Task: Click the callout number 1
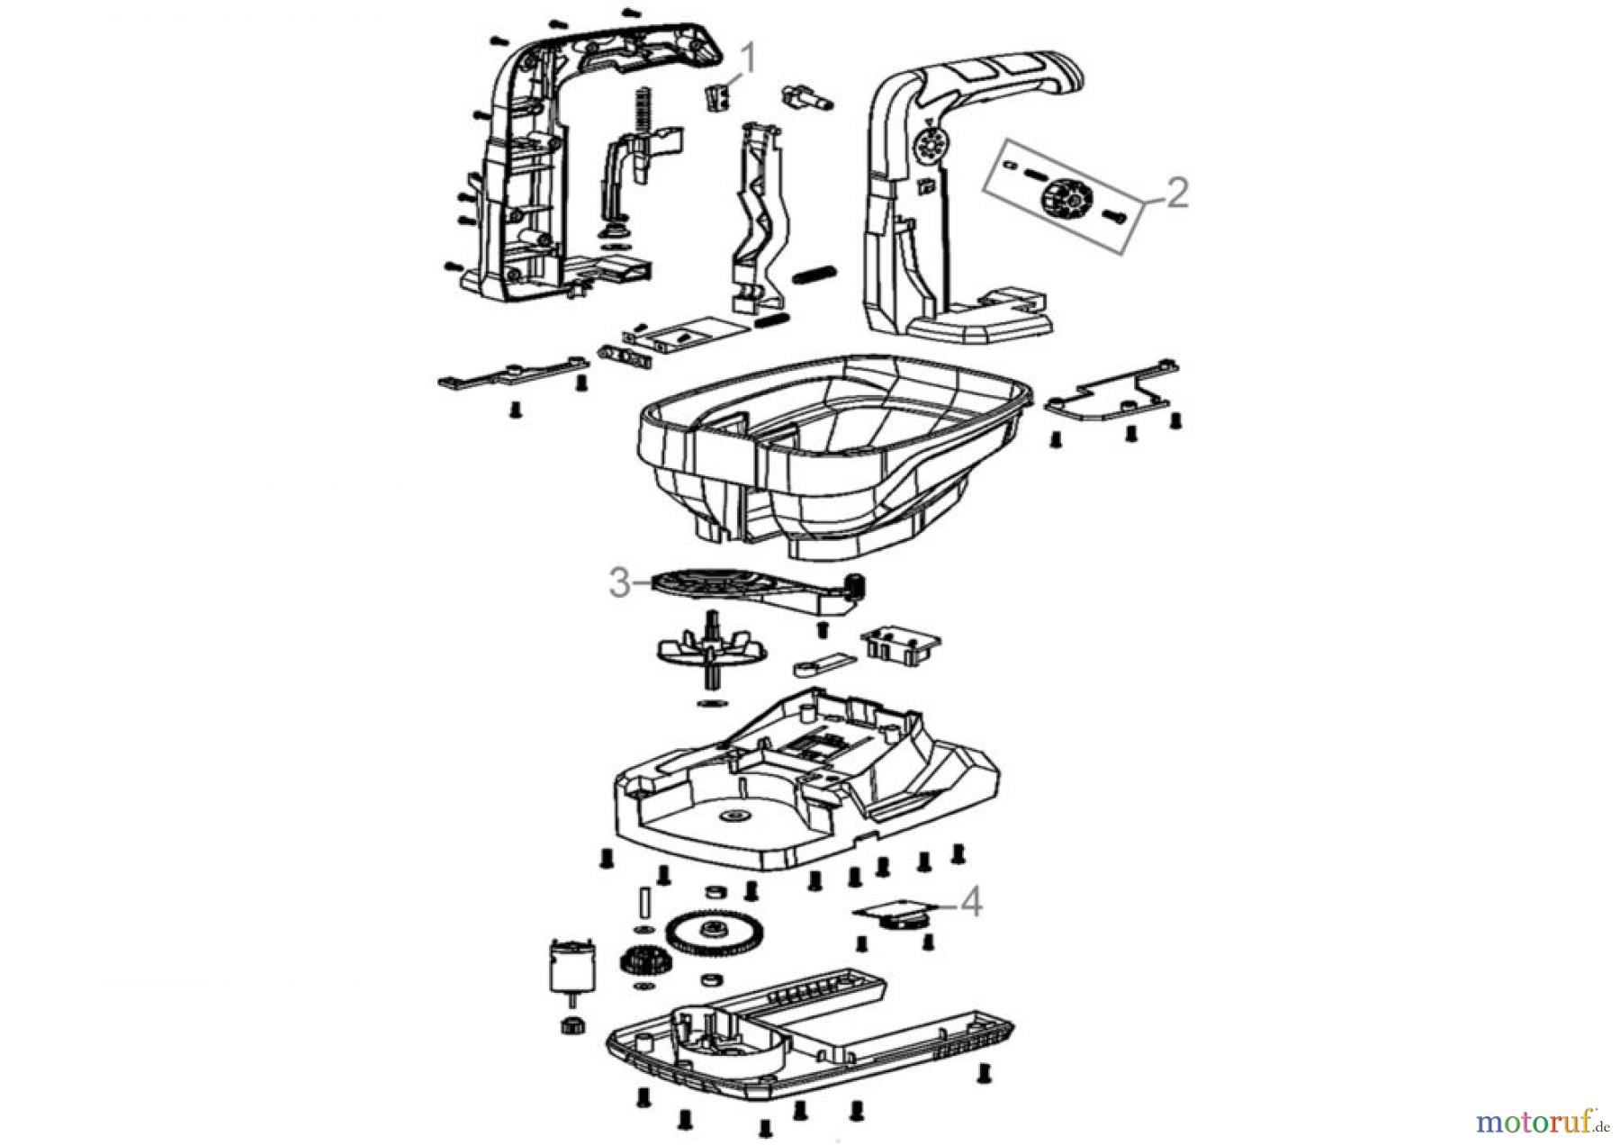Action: (747, 60)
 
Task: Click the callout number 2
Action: (1176, 193)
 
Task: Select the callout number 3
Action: (619, 582)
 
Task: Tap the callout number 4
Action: (970, 902)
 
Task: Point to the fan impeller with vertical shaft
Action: (711, 650)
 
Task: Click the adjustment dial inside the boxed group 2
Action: (1064, 196)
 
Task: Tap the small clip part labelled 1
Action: (715, 96)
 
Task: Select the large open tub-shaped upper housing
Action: (832, 450)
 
